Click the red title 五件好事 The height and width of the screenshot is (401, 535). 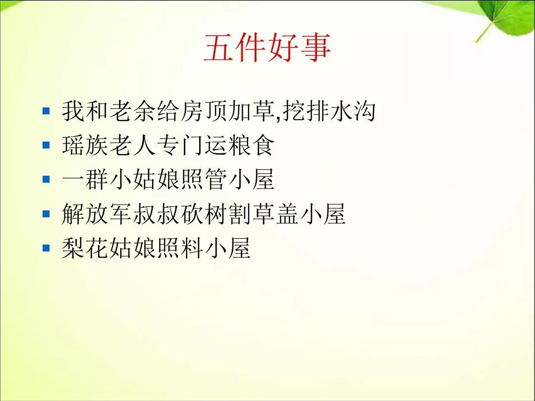click(267, 48)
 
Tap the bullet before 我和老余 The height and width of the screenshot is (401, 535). click(46, 111)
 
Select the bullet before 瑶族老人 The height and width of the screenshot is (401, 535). click(46, 145)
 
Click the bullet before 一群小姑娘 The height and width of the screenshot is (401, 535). click(46, 179)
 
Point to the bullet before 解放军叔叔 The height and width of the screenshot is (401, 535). click(46, 214)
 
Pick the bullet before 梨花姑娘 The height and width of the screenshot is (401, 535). click(46, 248)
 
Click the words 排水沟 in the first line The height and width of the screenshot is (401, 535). click(341, 111)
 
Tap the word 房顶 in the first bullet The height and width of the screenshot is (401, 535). click(204, 111)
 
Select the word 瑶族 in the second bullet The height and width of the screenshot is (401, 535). click(85, 145)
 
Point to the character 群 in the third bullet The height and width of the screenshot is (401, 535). click(97, 179)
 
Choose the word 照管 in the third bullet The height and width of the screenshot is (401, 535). click(204, 179)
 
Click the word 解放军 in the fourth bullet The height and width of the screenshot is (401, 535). click(97, 214)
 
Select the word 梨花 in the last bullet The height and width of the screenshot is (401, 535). click(85, 248)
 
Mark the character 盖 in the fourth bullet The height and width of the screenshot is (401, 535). click(287, 214)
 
